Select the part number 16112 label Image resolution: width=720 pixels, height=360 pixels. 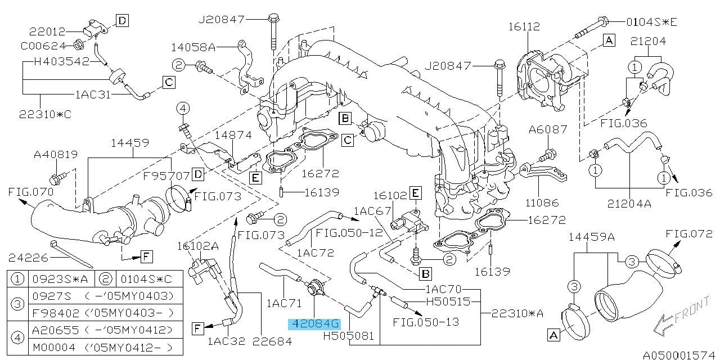coord(524,26)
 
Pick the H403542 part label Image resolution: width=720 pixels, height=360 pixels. coord(61,61)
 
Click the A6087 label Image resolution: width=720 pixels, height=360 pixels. coord(549,130)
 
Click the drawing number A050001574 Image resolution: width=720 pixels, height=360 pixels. coord(680,355)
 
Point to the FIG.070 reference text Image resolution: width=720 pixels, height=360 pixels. coord(30,192)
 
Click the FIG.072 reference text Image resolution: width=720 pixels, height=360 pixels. coord(688,233)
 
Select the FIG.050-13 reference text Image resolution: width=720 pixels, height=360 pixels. coord(426,322)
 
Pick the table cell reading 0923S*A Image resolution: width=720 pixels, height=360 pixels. coord(60,278)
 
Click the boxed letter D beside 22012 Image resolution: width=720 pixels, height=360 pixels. coord(123,21)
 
